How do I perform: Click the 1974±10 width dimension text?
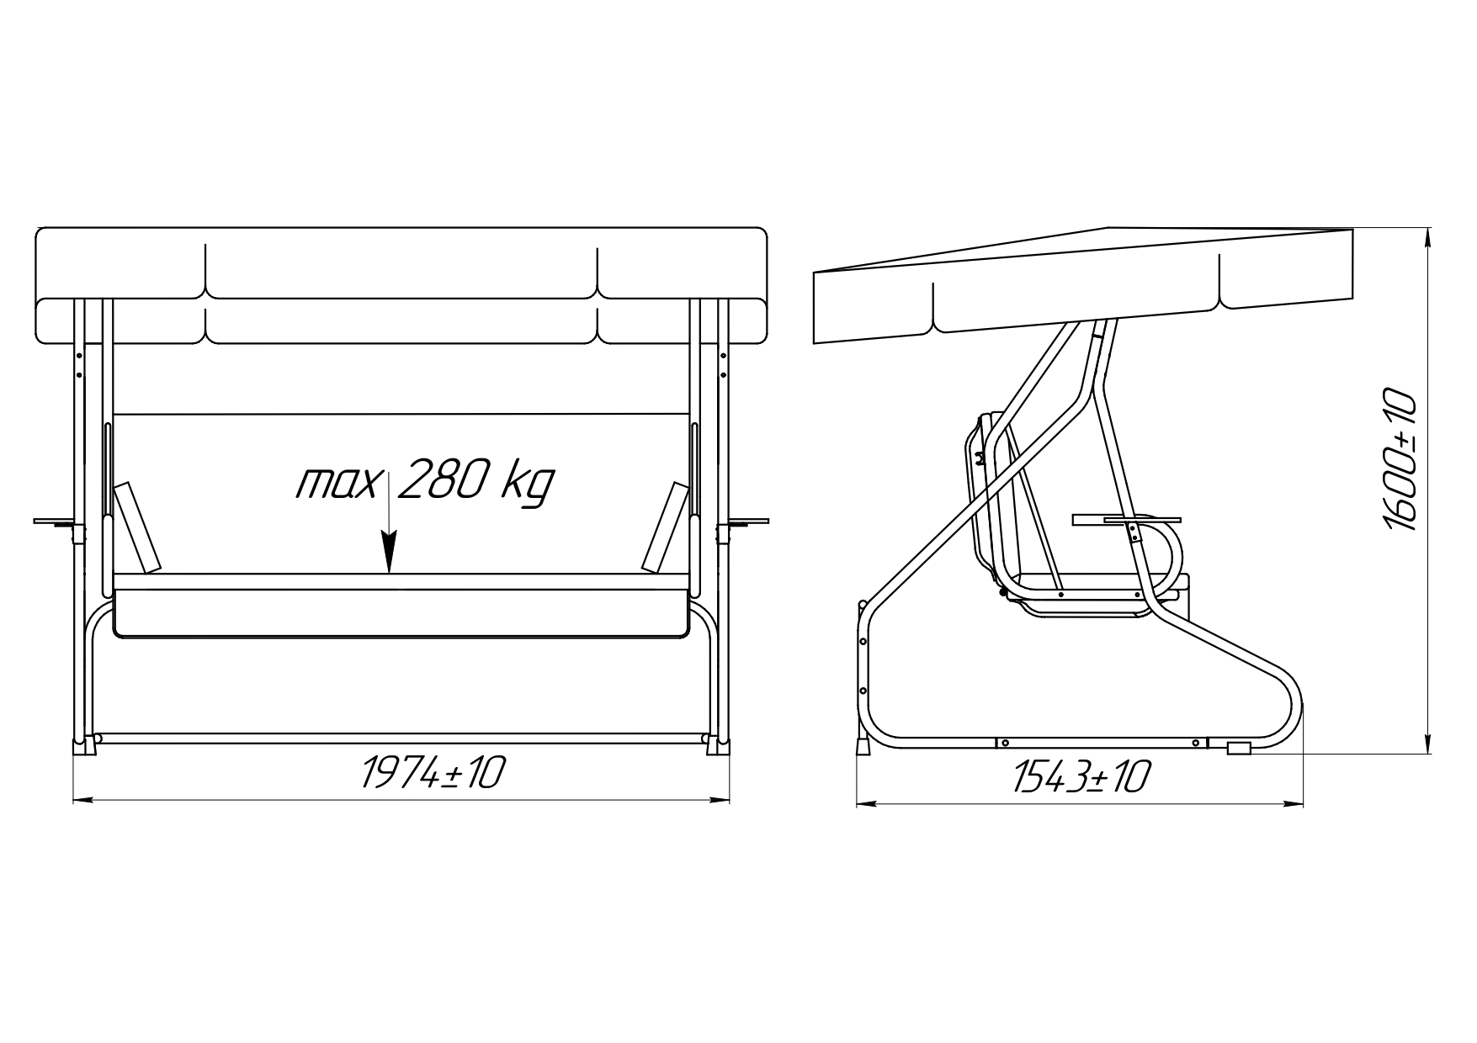click(433, 772)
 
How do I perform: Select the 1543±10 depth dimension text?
click(1081, 776)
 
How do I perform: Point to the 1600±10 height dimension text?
click(1400, 459)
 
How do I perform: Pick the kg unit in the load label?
click(529, 484)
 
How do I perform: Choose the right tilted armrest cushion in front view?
click(665, 527)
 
